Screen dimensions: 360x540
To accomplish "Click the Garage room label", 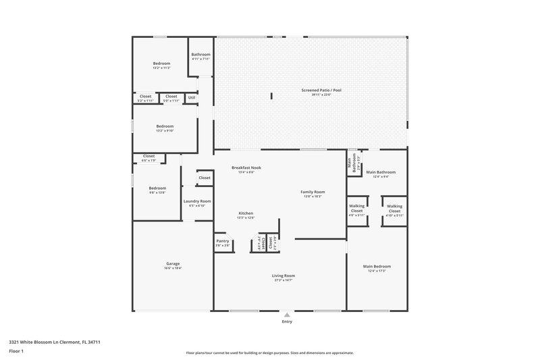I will point(173,263).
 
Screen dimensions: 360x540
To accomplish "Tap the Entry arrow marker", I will point(288,314).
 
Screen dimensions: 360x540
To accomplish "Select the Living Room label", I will point(283,275).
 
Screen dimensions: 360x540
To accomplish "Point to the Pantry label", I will point(223,241).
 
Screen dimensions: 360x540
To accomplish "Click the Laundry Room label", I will point(197,201).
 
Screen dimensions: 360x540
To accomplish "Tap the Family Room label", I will point(313,192).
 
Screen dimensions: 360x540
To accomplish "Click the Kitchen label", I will point(246,213).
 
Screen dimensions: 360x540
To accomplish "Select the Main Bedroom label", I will point(380,266).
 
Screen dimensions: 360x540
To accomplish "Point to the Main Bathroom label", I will point(381,172).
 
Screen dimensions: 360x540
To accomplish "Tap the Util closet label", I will point(192,97).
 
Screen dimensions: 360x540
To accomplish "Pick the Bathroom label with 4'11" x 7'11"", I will point(200,55).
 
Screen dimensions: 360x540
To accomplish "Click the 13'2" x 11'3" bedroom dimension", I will point(161,68).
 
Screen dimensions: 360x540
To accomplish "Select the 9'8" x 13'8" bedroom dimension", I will point(157,192).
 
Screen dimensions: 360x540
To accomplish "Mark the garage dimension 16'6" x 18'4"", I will point(173,268).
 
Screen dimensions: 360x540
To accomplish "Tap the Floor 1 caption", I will point(16,351).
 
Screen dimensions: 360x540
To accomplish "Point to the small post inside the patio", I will point(272,96).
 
